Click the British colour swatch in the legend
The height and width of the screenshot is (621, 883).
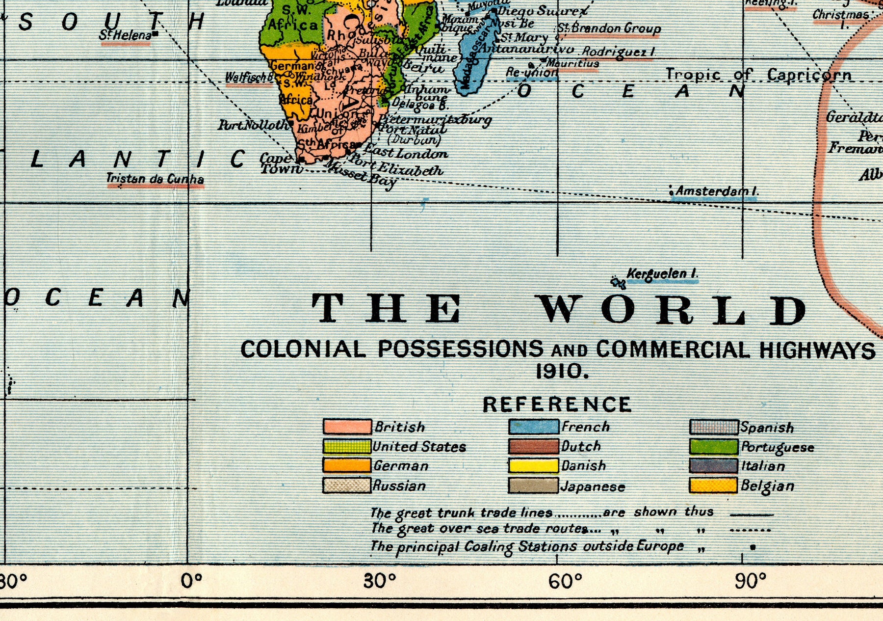click(347, 427)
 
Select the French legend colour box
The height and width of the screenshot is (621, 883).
click(533, 427)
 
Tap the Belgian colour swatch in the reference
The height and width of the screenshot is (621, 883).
click(713, 486)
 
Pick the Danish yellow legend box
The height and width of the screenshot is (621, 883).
click(533, 465)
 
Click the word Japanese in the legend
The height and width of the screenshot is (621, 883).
click(593, 486)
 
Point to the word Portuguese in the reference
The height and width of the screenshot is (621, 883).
click(777, 447)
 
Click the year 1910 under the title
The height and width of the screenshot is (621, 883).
click(561, 372)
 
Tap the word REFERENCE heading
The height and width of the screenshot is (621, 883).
click(557, 405)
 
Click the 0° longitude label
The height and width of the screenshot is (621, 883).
click(191, 581)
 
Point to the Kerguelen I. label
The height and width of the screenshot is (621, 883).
click(662, 274)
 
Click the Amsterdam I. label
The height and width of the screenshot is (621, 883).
click(716, 191)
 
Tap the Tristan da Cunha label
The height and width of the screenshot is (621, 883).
click(155, 179)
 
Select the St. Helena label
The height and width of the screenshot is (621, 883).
click(126, 35)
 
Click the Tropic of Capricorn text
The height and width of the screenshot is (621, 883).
click(758, 75)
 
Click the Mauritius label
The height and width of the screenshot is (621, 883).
click(572, 63)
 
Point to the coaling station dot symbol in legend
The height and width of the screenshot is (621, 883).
click(753, 547)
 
